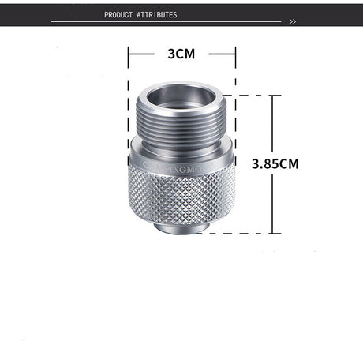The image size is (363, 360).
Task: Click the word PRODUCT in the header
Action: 119,14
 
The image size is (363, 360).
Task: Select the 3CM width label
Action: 181,54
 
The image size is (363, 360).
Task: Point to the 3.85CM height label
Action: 275,164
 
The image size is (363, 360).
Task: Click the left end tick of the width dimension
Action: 129,54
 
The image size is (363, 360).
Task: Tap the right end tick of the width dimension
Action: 235,54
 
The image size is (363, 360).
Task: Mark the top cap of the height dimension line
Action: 271,96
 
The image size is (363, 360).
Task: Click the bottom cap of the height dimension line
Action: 271,234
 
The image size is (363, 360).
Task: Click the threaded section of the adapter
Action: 181,126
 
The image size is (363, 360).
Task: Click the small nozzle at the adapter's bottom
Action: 181,229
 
